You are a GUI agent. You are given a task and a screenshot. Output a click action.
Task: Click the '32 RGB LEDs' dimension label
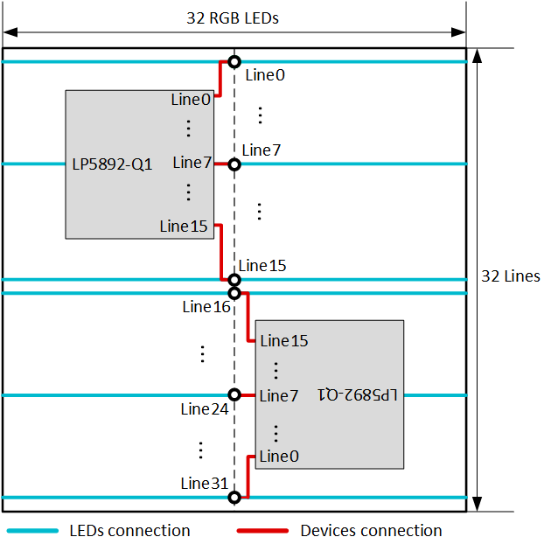click(x=233, y=17)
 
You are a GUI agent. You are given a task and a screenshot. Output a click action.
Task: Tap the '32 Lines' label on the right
click(x=511, y=276)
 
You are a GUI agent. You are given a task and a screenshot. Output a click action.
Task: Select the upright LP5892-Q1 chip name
click(x=113, y=164)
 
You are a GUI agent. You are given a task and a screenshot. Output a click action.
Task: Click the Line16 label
click(x=206, y=307)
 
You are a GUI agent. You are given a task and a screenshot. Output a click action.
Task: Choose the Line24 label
click(x=206, y=409)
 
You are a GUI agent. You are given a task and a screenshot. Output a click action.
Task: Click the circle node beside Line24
click(x=234, y=395)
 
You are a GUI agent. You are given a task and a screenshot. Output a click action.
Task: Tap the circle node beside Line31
click(x=234, y=498)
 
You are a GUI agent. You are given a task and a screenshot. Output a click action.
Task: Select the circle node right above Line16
click(x=234, y=293)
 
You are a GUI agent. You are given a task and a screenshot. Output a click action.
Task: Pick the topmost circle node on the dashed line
click(x=234, y=62)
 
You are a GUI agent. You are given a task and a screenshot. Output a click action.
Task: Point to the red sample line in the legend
click(x=262, y=531)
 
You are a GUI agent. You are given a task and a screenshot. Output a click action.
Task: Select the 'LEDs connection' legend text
click(x=129, y=531)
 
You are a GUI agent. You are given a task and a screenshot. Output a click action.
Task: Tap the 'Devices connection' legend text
click(x=371, y=531)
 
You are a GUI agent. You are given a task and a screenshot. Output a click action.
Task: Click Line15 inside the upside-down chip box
click(x=284, y=340)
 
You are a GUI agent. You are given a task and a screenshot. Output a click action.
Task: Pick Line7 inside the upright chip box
click(x=192, y=163)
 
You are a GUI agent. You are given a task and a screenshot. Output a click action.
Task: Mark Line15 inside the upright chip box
click(x=185, y=226)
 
